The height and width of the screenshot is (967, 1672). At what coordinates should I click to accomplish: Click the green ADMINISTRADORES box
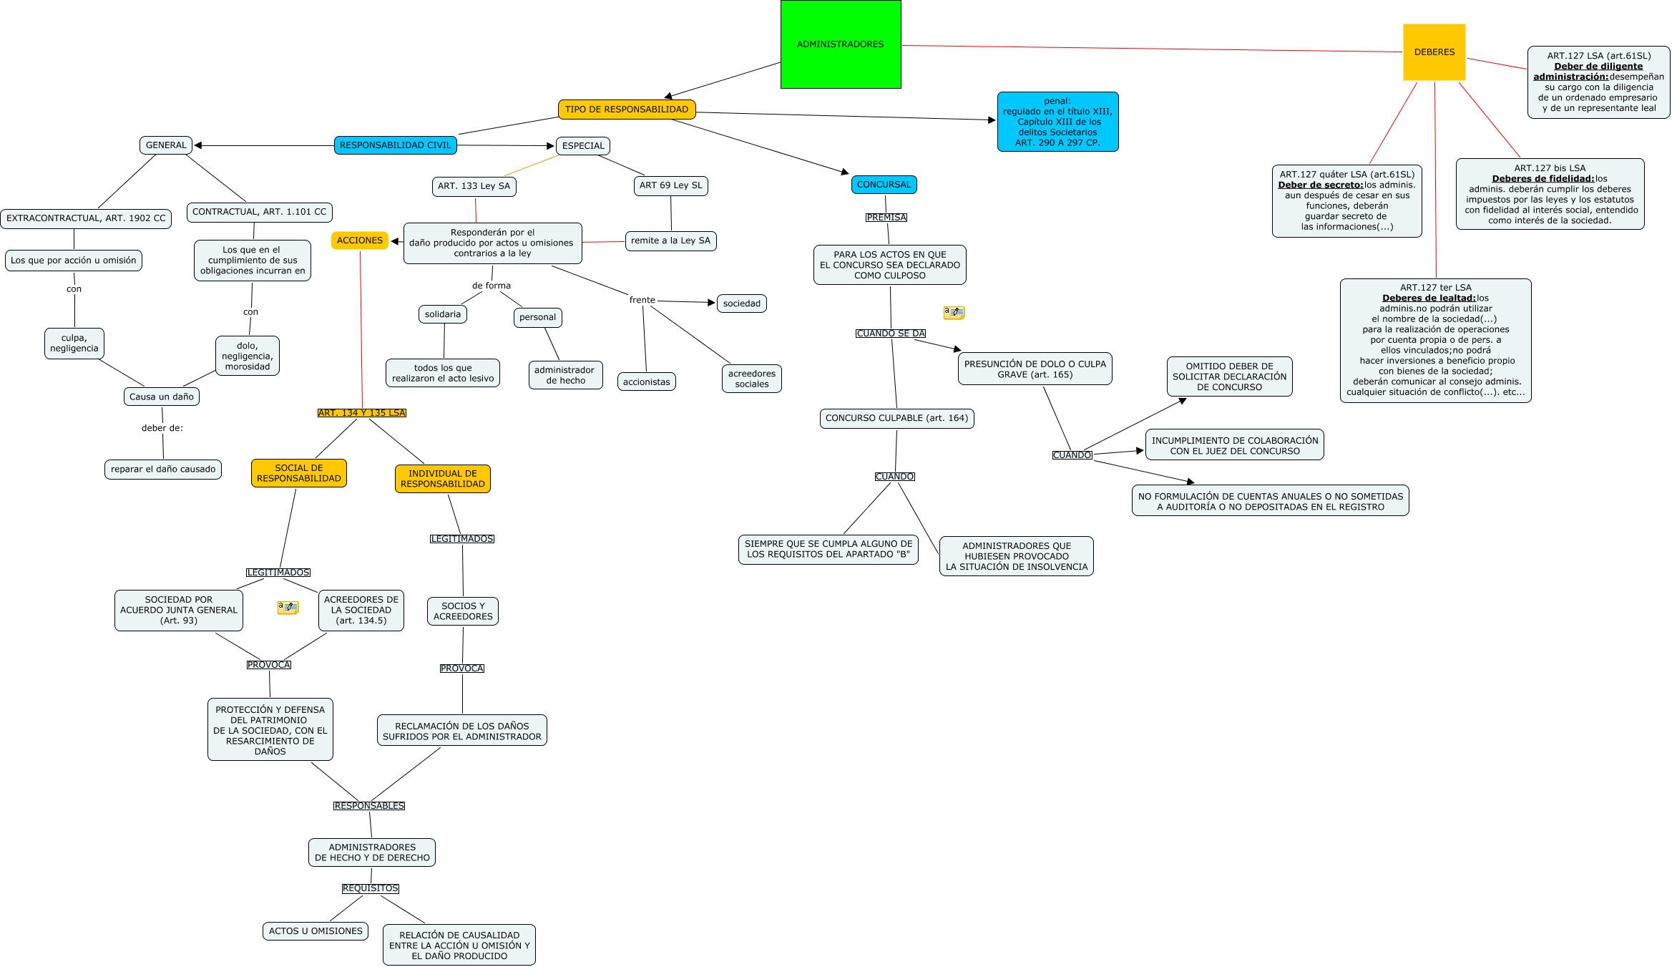coord(841,44)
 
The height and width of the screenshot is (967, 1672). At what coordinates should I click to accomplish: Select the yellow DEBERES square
coord(1434,52)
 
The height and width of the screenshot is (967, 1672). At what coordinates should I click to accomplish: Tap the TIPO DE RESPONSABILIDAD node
coord(627,110)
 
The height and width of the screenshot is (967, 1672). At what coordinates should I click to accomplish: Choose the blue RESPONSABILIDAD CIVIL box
coord(395,145)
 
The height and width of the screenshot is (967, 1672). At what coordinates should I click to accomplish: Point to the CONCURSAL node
coord(884,185)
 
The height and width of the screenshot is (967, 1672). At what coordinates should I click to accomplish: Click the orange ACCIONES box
coord(360,240)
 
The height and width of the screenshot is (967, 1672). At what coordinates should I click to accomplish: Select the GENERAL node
coord(166,145)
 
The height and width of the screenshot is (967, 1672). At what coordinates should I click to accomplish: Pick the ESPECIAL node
coord(583,146)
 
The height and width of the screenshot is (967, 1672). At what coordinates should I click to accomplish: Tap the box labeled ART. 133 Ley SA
coord(474,186)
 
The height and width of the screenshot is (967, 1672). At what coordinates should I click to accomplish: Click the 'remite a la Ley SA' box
coord(670,240)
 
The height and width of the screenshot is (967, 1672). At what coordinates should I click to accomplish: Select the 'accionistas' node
coord(646,382)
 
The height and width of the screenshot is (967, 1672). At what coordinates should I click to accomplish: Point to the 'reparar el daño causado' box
coord(163,470)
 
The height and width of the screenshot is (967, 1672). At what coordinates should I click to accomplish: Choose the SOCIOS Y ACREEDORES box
coord(463,611)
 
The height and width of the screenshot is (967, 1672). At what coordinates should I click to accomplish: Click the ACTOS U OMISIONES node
coord(316,931)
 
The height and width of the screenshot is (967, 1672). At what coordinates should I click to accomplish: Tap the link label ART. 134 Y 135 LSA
coord(362,413)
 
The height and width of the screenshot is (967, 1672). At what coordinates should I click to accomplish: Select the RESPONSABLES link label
coord(369,806)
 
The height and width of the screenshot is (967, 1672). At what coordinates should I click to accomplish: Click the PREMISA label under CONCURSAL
coord(886,218)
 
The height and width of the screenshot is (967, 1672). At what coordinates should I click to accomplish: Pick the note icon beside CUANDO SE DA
coord(954,313)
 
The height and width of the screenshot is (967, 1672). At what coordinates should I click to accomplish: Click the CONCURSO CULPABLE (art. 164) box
coord(896,418)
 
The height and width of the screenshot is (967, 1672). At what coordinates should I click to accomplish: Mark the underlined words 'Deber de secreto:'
coord(1321,185)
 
